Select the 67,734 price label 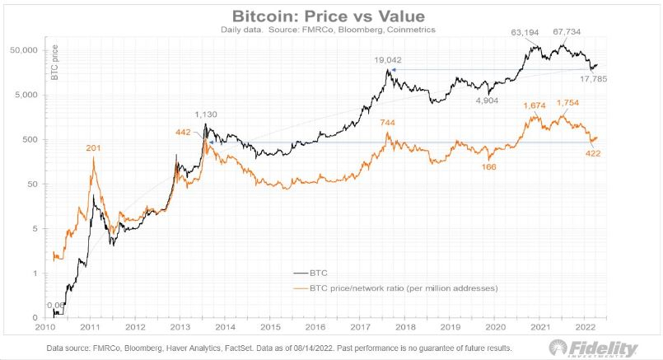[568, 34]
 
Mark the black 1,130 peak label [206, 115]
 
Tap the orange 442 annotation [183, 132]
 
